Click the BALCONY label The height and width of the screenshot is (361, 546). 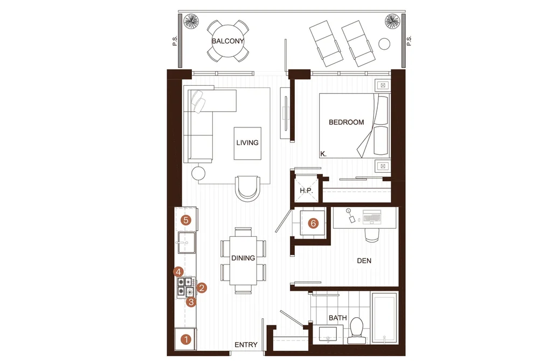(x=228, y=41)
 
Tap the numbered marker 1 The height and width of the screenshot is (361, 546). (x=186, y=339)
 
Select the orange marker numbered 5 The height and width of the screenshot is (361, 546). (x=186, y=220)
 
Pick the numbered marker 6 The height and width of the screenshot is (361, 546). (x=313, y=223)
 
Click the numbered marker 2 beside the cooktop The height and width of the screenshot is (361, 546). (x=202, y=288)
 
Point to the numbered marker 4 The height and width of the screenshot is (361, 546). (x=178, y=272)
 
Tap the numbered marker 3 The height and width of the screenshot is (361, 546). (x=191, y=302)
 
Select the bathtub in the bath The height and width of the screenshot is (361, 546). (x=384, y=318)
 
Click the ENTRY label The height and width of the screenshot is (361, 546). (x=246, y=345)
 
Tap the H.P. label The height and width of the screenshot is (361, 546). (x=307, y=191)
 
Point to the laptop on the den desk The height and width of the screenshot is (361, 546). (x=372, y=217)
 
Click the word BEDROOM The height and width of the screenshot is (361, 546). (x=346, y=122)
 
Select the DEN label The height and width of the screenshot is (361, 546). (x=364, y=261)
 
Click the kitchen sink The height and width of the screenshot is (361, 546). (x=186, y=242)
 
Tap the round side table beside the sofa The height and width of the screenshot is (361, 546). (x=198, y=173)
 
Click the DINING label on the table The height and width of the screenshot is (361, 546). (x=243, y=258)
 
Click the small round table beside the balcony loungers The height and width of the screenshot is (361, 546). (x=384, y=44)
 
